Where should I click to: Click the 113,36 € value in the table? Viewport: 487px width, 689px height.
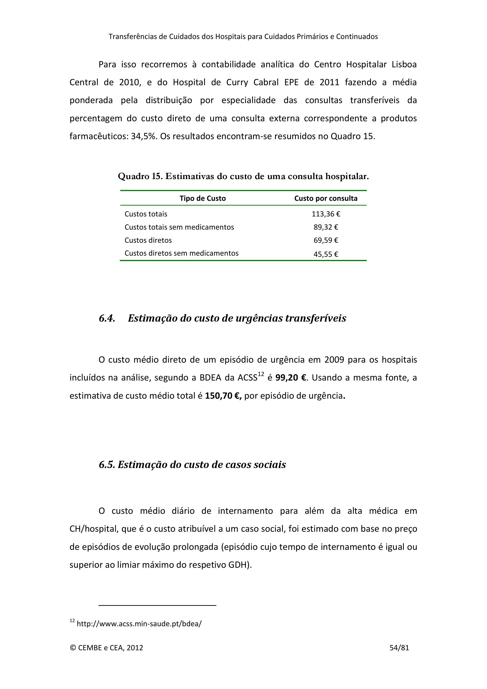click(x=326, y=214)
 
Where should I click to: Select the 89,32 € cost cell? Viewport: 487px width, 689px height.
click(x=326, y=227)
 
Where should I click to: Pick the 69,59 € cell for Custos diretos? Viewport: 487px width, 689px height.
click(x=326, y=240)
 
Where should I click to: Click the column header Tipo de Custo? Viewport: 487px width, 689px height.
click(x=203, y=198)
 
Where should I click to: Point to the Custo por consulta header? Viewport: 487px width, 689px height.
click(x=326, y=198)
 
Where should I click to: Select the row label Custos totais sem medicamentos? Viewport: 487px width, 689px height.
click(x=179, y=227)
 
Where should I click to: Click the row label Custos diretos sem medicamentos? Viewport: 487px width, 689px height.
click(x=181, y=253)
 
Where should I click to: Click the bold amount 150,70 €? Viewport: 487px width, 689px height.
click(x=223, y=396)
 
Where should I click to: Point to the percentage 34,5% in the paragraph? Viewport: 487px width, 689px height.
click(x=144, y=136)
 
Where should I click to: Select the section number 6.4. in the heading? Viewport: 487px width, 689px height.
click(x=107, y=318)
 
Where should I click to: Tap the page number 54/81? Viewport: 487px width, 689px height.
click(x=399, y=648)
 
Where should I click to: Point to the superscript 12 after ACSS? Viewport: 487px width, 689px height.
click(x=260, y=374)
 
